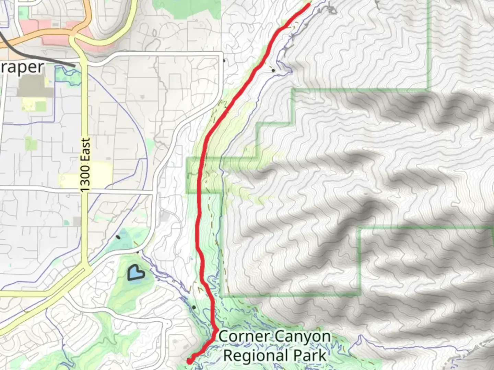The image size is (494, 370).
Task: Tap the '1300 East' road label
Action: point(85,164)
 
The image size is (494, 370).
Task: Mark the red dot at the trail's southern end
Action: point(189,361)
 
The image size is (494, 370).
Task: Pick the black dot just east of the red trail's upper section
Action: point(273,71)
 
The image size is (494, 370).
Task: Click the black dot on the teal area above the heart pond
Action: point(118,237)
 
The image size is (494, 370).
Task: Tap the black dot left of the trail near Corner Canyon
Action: point(194,307)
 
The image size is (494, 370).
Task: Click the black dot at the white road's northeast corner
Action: point(224,61)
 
